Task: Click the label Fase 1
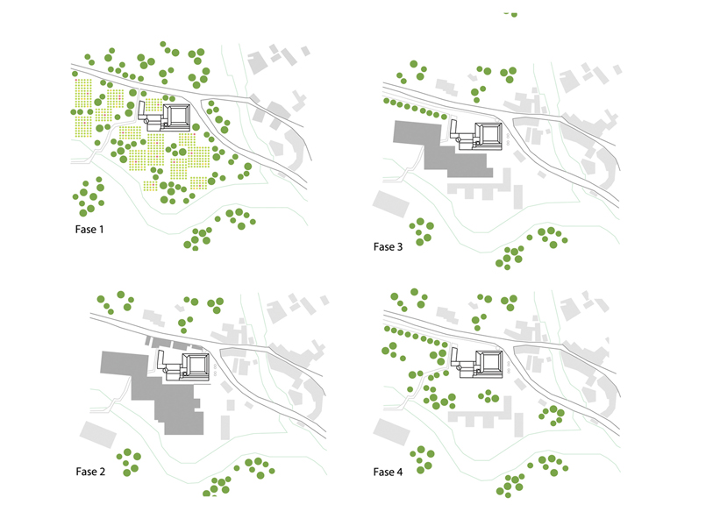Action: (93, 231)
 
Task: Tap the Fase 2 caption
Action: (90, 472)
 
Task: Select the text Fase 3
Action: (388, 246)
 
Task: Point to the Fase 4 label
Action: (388, 472)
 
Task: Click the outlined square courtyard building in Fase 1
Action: (179, 117)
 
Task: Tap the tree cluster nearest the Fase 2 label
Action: (130, 461)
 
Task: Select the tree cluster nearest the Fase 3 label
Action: (424, 231)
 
